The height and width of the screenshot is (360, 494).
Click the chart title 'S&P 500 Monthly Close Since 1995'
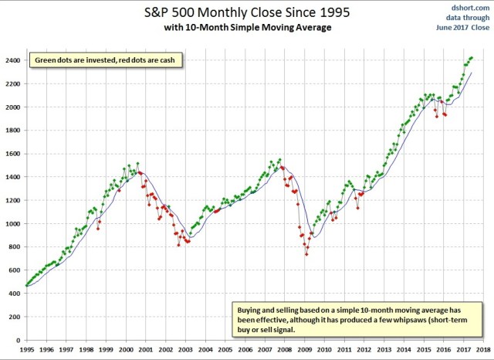(248, 13)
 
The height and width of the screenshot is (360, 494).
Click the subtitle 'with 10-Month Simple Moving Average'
(248, 29)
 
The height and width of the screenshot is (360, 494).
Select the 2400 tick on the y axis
(13, 59)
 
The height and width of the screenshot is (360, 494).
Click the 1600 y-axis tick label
(13, 154)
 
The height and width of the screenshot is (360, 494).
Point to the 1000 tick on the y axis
(13, 223)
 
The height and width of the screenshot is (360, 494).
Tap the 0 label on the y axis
(19, 340)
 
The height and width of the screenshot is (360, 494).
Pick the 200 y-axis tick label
(15, 317)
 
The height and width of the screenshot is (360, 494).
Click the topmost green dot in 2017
(472, 57)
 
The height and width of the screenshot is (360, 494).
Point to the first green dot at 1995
(26, 285)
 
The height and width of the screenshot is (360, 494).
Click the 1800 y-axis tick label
(13, 130)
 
